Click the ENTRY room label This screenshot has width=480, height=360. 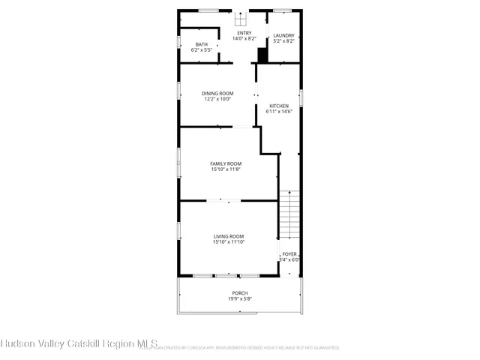click(x=244, y=33)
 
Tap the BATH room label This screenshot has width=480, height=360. click(x=202, y=44)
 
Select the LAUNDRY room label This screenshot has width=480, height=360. click(x=283, y=35)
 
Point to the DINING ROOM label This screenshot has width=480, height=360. click(x=217, y=93)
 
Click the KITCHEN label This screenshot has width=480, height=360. click(x=279, y=106)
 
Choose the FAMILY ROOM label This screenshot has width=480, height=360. click(x=225, y=163)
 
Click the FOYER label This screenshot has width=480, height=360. click(x=289, y=254)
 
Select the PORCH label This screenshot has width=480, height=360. click(x=239, y=292)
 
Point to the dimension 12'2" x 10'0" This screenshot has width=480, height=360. click(x=217, y=99)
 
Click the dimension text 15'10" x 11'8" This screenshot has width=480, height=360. click(x=225, y=169)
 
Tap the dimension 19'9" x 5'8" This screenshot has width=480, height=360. click(x=239, y=298)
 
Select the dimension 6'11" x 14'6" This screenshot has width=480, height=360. click(x=279, y=112)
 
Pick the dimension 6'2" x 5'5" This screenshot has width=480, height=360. click(x=202, y=50)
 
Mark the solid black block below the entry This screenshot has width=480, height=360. click(x=262, y=55)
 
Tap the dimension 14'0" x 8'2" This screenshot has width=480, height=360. click(x=244, y=39)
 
